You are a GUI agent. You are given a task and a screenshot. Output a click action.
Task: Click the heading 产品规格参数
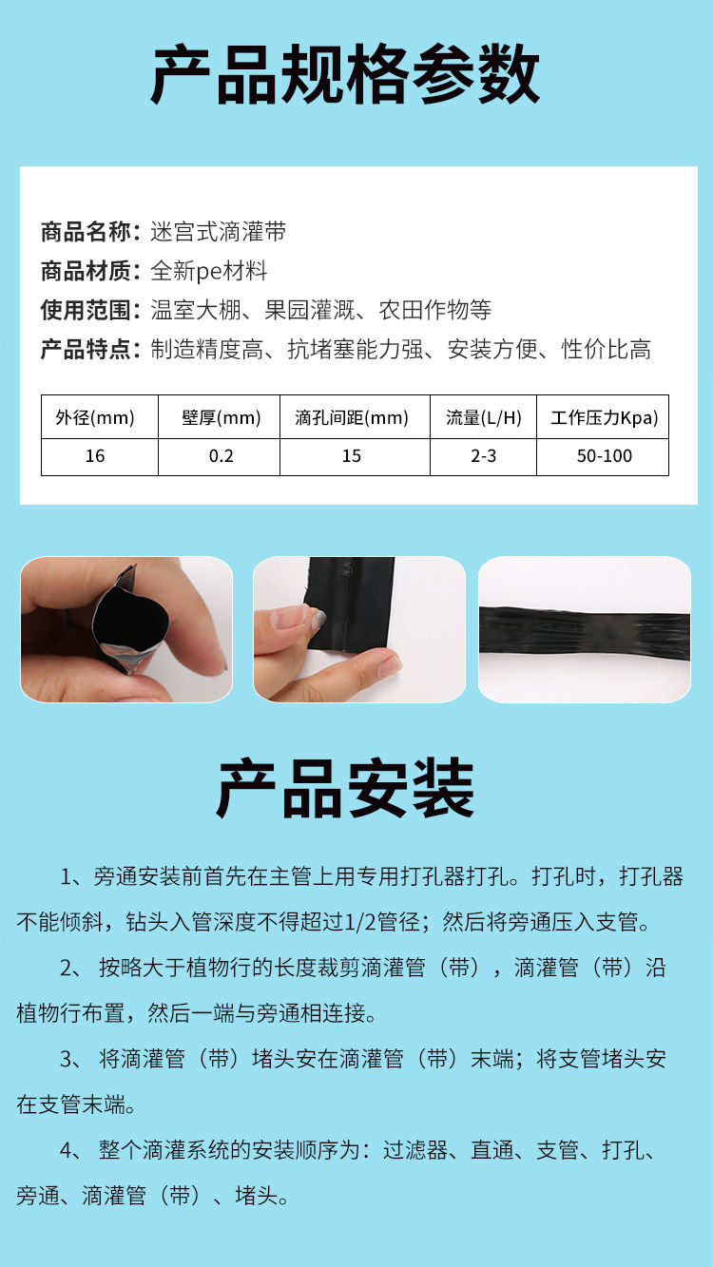point(345,74)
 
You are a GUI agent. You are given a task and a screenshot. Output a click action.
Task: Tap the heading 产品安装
point(345,788)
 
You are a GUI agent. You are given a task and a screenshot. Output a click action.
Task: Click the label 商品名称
point(86,232)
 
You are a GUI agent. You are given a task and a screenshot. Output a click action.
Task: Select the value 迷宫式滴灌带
point(219,232)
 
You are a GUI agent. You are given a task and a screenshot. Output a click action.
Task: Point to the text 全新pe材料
point(209,272)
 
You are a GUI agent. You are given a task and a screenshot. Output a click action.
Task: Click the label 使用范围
point(86,310)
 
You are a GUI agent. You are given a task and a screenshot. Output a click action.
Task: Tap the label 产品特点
point(86,349)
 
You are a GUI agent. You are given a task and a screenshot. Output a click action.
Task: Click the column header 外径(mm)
point(95,418)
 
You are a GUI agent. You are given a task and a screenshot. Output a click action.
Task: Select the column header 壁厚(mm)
point(222,418)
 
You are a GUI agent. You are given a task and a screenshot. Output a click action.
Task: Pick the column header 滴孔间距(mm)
point(352,418)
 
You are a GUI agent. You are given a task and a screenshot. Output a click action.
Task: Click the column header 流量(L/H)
point(484,418)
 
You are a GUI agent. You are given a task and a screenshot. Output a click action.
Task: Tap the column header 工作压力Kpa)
point(605,418)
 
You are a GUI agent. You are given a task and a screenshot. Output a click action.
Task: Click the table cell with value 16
point(95,456)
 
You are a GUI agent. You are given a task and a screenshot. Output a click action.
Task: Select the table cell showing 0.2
point(222,456)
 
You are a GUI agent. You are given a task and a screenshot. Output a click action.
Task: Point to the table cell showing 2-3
point(484,456)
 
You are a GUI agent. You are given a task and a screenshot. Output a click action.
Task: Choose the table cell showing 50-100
point(605,456)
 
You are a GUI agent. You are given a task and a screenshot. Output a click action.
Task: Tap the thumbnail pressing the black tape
point(359,629)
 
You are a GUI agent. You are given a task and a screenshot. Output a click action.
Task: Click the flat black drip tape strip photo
point(585,629)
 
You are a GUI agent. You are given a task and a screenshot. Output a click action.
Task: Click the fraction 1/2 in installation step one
point(360,923)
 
